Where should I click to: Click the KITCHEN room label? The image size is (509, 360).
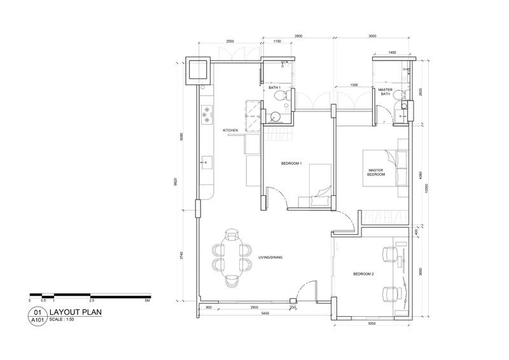click(x=230, y=130)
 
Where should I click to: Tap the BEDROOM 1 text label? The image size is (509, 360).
click(x=291, y=163)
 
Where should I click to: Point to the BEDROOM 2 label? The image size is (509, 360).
click(x=363, y=274)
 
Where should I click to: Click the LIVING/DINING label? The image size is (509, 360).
click(x=270, y=258)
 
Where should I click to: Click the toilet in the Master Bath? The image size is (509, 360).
click(x=398, y=95)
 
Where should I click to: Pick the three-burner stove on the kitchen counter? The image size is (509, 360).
click(x=206, y=114)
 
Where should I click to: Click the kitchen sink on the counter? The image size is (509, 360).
click(x=206, y=163)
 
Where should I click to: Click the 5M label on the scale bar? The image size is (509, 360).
click(x=148, y=300)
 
